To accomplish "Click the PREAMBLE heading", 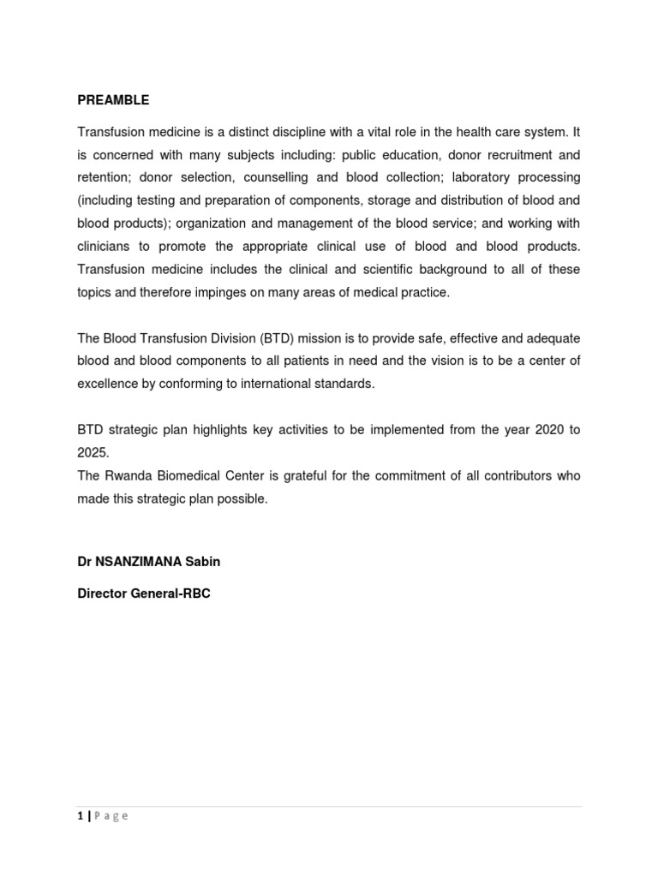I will pos(113,100).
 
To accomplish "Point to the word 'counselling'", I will pos(278,178).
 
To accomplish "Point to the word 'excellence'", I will pos(107,384).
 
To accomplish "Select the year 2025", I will pos(92,453).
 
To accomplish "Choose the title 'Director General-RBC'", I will pos(144,593).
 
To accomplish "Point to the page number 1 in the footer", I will pos(81,816).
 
